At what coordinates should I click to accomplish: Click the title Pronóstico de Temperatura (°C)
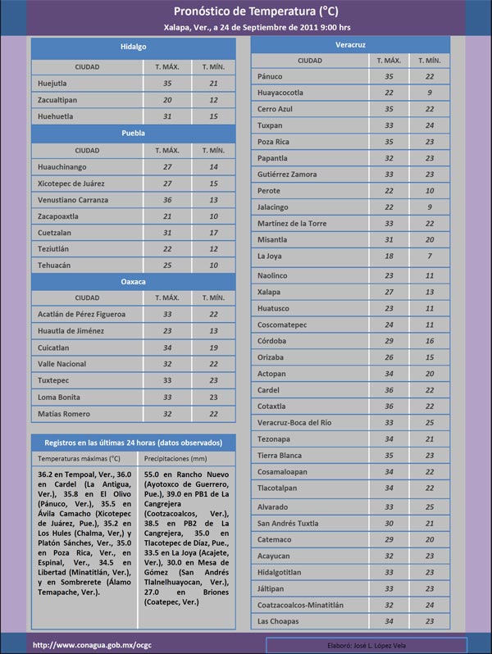click(x=255, y=11)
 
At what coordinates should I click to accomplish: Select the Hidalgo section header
click(x=133, y=48)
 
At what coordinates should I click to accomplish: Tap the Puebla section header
click(x=133, y=132)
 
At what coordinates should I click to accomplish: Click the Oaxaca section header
click(x=133, y=281)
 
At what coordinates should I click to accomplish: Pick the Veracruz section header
click(x=349, y=44)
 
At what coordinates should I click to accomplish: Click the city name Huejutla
click(x=52, y=84)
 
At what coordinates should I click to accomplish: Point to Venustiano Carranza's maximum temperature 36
click(x=167, y=200)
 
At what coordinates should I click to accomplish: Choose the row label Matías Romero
click(x=64, y=414)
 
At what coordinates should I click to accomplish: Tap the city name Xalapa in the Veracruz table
click(x=268, y=292)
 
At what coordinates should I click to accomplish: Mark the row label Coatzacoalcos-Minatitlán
click(x=300, y=605)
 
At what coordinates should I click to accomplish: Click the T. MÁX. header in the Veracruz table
click(x=389, y=61)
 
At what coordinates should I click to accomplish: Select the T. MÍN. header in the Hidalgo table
click(x=212, y=66)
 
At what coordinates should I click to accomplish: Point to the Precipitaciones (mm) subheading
click(x=175, y=458)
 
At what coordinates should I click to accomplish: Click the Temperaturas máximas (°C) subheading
click(x=79, y=458)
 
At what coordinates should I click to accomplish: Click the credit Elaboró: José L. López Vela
click(x=371, y=645)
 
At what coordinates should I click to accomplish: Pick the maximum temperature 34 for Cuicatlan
click(x=167, y=347)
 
